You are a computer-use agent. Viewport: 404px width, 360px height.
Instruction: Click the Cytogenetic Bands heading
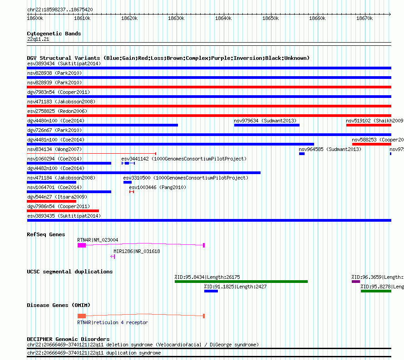(x=54, y=34)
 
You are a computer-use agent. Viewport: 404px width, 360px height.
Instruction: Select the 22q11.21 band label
(x=38, y=39)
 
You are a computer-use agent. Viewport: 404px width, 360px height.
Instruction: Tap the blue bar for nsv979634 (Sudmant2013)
(x=266, y=125)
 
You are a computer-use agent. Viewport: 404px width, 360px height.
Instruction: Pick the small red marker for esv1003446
(x=132, y=192)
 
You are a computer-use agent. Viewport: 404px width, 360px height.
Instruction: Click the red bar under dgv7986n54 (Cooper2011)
(x=63, y=211)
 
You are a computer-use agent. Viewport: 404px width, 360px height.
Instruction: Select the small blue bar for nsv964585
(x=302, y=154)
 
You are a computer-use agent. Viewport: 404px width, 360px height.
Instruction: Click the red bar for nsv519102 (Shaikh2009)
(x=368, y=125)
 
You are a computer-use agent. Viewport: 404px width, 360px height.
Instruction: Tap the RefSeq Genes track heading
(x=46, y=234)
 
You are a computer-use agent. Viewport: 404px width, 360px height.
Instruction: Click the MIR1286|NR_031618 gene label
(x=137, y=251)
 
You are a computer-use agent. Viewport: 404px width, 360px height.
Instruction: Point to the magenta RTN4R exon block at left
(x=82, y=245)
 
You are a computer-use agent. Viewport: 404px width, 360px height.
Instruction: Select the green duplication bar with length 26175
(x=241, y=282)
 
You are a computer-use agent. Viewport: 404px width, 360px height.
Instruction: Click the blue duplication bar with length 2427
(x=211, y=291)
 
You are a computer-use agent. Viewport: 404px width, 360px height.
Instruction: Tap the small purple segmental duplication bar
(x=355, y=282)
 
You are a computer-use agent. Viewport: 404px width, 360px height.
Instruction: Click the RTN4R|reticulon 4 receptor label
(x=113, y=322)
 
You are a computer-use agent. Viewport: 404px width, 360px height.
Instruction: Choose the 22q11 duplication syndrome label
(x=94, y=353)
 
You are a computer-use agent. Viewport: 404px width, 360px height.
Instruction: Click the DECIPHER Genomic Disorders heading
(x=68, y=339)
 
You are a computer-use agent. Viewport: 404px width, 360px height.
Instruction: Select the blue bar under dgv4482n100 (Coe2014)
(x=143, y=173)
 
